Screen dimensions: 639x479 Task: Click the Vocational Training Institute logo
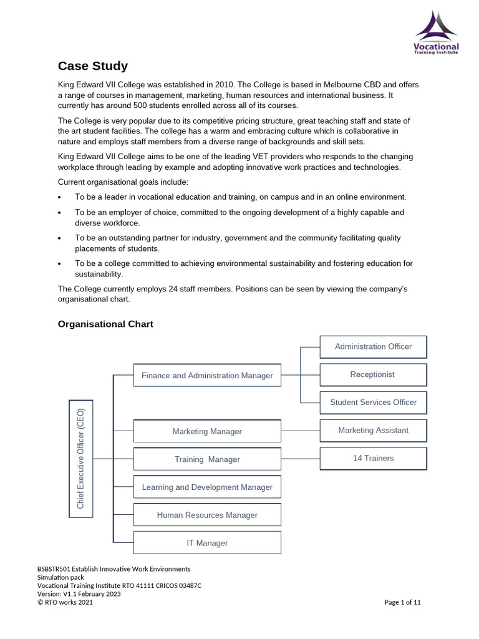pos(436,32)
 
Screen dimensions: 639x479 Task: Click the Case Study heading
pos(93,66)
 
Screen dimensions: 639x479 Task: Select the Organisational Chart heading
pos(105,324)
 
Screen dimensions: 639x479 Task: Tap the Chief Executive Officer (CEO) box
pos(80,459)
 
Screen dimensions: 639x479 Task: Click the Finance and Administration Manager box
pos(207,376)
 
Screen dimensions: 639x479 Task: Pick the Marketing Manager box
pos(207,431)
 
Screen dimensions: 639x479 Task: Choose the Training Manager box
pos(207,459)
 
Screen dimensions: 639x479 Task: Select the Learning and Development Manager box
pos(207,487)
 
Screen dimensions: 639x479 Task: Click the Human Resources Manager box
pos(207,515)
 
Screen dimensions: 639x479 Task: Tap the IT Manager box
pos(207,543)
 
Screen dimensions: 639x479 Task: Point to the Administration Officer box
pos(373,346)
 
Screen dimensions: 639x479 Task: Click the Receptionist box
pos(373,374)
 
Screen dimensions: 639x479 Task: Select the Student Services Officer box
pos(373,402)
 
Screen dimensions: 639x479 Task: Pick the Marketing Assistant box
pos(373,430)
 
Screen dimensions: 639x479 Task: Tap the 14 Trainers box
pos(373,458)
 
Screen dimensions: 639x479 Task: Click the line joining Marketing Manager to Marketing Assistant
pos(300,431)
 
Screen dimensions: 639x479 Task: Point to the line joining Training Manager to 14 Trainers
pos(300,459)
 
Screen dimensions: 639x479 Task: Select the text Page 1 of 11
pos(402,602)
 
